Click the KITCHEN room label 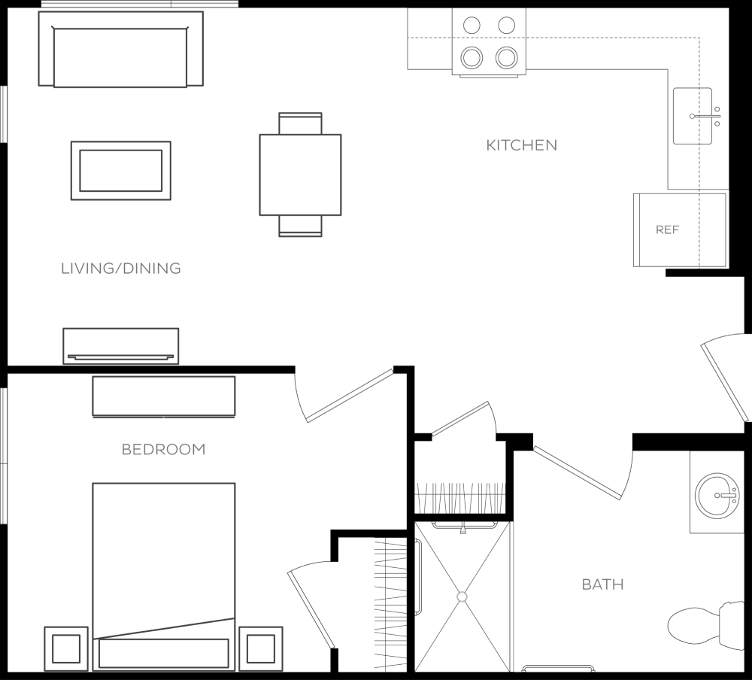[x=522, y=145]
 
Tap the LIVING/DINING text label [x=121, y=269]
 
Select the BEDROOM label [x=163, y=449]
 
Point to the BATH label [x=603, y=584]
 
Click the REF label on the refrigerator [x=668, y=230]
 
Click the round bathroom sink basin [x=717, y=496]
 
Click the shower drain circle [x=462, y=597]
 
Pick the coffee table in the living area [x=121, y=170]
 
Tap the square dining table [x=300, y=175]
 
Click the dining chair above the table [x=300, y=123]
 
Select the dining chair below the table [x=300, y=226]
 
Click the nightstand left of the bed [x=66, y=649]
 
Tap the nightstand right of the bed [x=261, y=649]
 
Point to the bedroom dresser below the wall [x=163, y=396]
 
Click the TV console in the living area [x=121, y=346]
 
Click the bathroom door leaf [x=578, y=473]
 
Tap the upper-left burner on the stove [x=472, y=25]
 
